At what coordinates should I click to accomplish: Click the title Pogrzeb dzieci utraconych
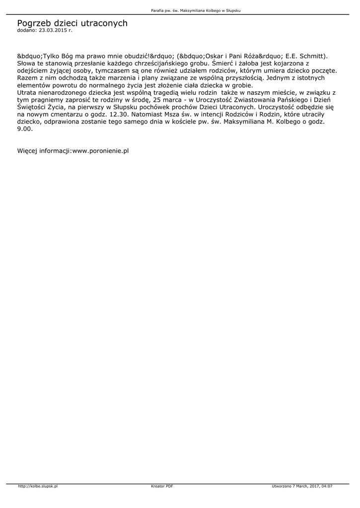pos(72,23)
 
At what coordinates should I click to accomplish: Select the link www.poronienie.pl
pos(100,150)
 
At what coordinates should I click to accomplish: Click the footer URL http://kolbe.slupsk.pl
pos(38,486)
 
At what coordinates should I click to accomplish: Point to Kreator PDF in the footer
pos(162,486)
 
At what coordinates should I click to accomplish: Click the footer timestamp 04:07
pos(326,486)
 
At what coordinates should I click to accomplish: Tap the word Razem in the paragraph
pos(27,78)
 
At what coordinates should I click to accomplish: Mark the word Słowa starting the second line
pos(27,63)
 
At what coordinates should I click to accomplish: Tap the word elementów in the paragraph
pos(34,85)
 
